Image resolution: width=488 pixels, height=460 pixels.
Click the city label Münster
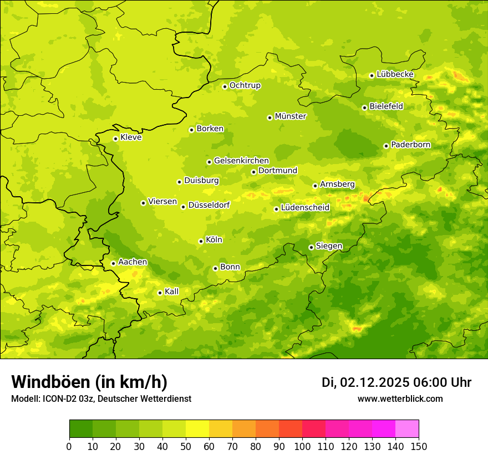[x=291, y=116]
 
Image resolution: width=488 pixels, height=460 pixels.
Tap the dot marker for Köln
[x=201, y=241]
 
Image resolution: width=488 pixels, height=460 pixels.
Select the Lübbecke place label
[x=395, y=74]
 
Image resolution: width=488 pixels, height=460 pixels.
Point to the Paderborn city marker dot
[x=386, y=146]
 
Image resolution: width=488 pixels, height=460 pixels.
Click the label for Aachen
[x=133, y=262]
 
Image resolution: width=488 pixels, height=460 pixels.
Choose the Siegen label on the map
[x=329, y=246]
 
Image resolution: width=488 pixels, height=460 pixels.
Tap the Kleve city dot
[x=115, y=139]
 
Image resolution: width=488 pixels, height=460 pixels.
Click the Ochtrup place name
[x=245, y=85]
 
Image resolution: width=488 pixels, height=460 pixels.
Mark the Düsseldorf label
[x=209, y=205]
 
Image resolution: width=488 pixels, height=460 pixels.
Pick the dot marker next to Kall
[x=160, y=293]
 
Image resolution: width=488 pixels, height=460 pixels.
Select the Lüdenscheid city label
[x=305, y=208]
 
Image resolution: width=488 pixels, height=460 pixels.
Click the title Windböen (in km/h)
[x=89, y=382]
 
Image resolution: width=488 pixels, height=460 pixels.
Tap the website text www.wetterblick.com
[x=400, y=398]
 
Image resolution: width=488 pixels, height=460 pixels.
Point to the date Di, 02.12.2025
[x=365, y=382]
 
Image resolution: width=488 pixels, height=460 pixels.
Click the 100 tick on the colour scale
[x=302, y=446]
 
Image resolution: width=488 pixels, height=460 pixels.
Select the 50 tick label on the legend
[x=186, y=446]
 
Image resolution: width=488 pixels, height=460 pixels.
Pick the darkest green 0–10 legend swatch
[x=81, y=429]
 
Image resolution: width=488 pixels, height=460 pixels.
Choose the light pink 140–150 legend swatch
[x=407, y=429]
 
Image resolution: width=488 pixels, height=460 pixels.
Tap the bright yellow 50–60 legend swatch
[x=197, y=429]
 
